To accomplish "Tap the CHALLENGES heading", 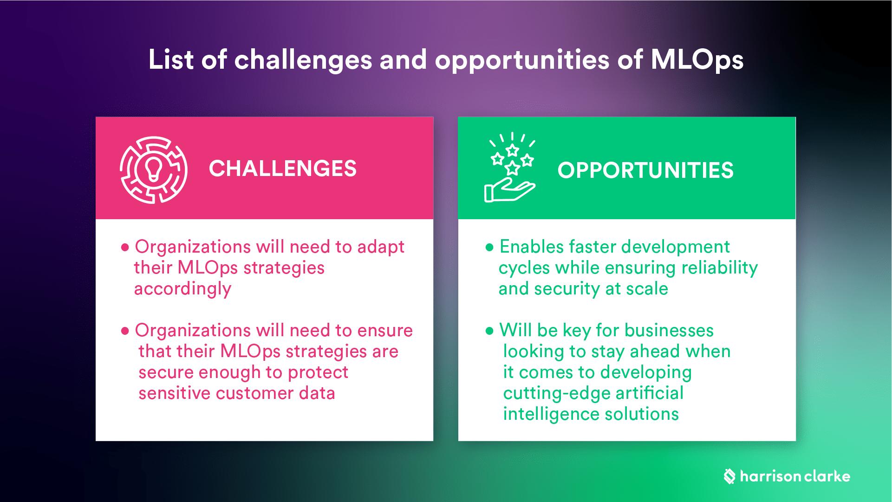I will [x=282, y=169].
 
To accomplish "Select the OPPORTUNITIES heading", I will [x=645, y=170].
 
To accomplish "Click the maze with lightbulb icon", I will [x=154, y=170].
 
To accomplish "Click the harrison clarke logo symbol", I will [x=729, y=476].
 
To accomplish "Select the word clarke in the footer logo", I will [x=827, y=476].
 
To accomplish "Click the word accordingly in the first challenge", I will [x=182, y=289].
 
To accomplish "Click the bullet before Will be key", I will [x=489, y=331].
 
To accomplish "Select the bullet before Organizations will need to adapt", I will [x=124, y=248].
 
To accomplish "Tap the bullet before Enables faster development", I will [x=489, y=248].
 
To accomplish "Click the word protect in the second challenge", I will [x=318, y=372].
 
